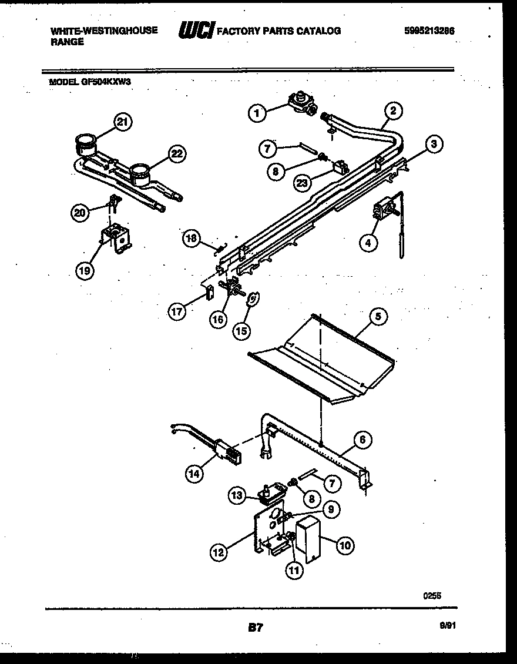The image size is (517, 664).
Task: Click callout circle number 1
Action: [257, 113]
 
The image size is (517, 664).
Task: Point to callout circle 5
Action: [378, 317]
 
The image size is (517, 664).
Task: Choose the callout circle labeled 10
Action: [344, 546]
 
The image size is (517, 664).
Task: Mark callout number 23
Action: [301, 183]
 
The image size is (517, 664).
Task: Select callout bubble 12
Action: [219, 552]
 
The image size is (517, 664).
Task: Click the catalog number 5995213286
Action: [429, 31]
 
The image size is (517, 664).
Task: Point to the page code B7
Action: [255, 628]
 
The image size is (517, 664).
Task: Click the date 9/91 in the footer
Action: [448, 627]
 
